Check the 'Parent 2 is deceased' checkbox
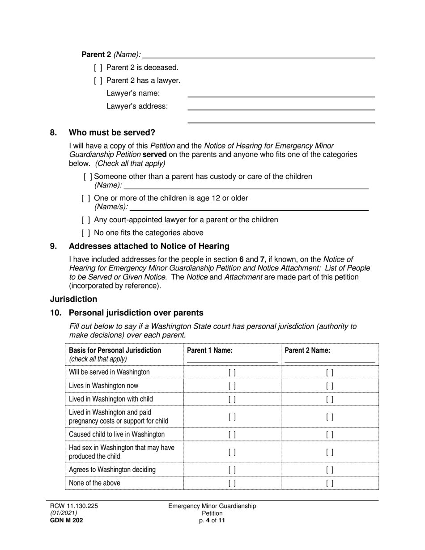98,68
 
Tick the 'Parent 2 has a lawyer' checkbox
98,80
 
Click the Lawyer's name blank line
280,93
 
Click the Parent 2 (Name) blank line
259,55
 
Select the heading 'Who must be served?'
112,133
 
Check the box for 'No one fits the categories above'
86,233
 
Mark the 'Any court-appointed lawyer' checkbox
86,220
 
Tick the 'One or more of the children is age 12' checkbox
86,198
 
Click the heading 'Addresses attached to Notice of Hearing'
149,246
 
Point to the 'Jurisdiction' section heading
73,299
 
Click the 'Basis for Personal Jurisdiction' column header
115,351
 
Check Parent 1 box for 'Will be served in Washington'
232,372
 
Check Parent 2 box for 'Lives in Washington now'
330,386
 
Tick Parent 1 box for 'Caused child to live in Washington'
232,435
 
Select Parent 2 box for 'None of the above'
330,483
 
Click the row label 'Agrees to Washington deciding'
112,470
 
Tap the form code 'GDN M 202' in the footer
66,520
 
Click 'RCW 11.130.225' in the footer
74,506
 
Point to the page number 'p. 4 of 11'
212,520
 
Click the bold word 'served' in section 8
154,154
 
